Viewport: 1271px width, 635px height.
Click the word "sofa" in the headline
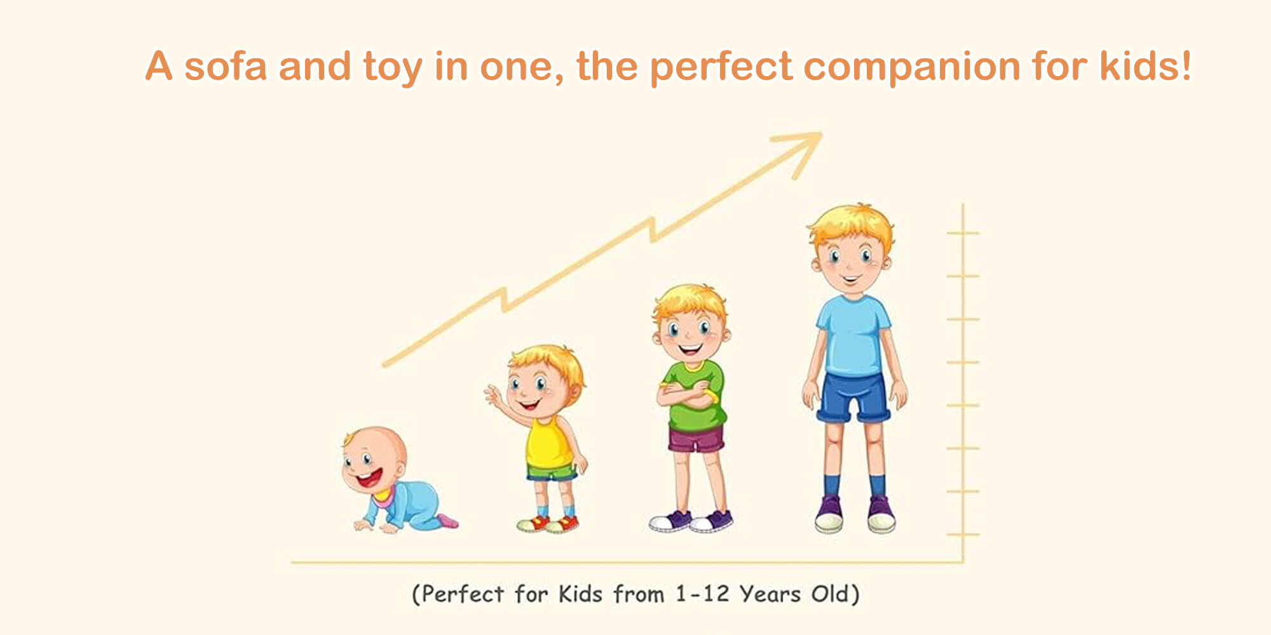226,66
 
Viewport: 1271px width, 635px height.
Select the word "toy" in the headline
393,69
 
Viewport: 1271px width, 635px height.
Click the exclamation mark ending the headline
1185,65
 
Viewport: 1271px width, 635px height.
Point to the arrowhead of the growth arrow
802,149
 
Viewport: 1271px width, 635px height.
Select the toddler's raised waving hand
494,396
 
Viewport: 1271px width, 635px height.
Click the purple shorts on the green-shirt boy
696,439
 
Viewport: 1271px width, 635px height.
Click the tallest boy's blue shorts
853,397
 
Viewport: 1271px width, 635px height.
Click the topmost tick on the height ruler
963,233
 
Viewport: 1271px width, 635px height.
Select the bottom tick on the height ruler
963,535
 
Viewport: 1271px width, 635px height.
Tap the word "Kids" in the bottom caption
580,594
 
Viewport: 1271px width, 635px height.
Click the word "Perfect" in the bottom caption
463,594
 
